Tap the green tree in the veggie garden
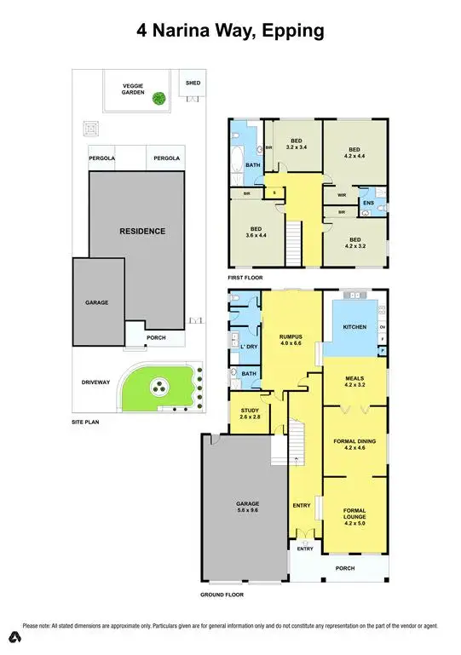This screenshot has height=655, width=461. (x=158, y=99)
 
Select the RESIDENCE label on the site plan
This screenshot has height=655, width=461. (x=141, y=231)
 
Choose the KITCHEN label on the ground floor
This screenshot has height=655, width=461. (x=354, y=327)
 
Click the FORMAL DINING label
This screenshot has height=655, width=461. (x=354, y=440)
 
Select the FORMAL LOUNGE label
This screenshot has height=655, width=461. (x=354, y=513)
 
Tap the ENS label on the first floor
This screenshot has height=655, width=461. (x=367, y=203)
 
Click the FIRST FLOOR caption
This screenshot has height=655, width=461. (x=245, y=278)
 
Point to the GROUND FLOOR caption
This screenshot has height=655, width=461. (x=223, y=595)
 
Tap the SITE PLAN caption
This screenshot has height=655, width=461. (x=88, y=422)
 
